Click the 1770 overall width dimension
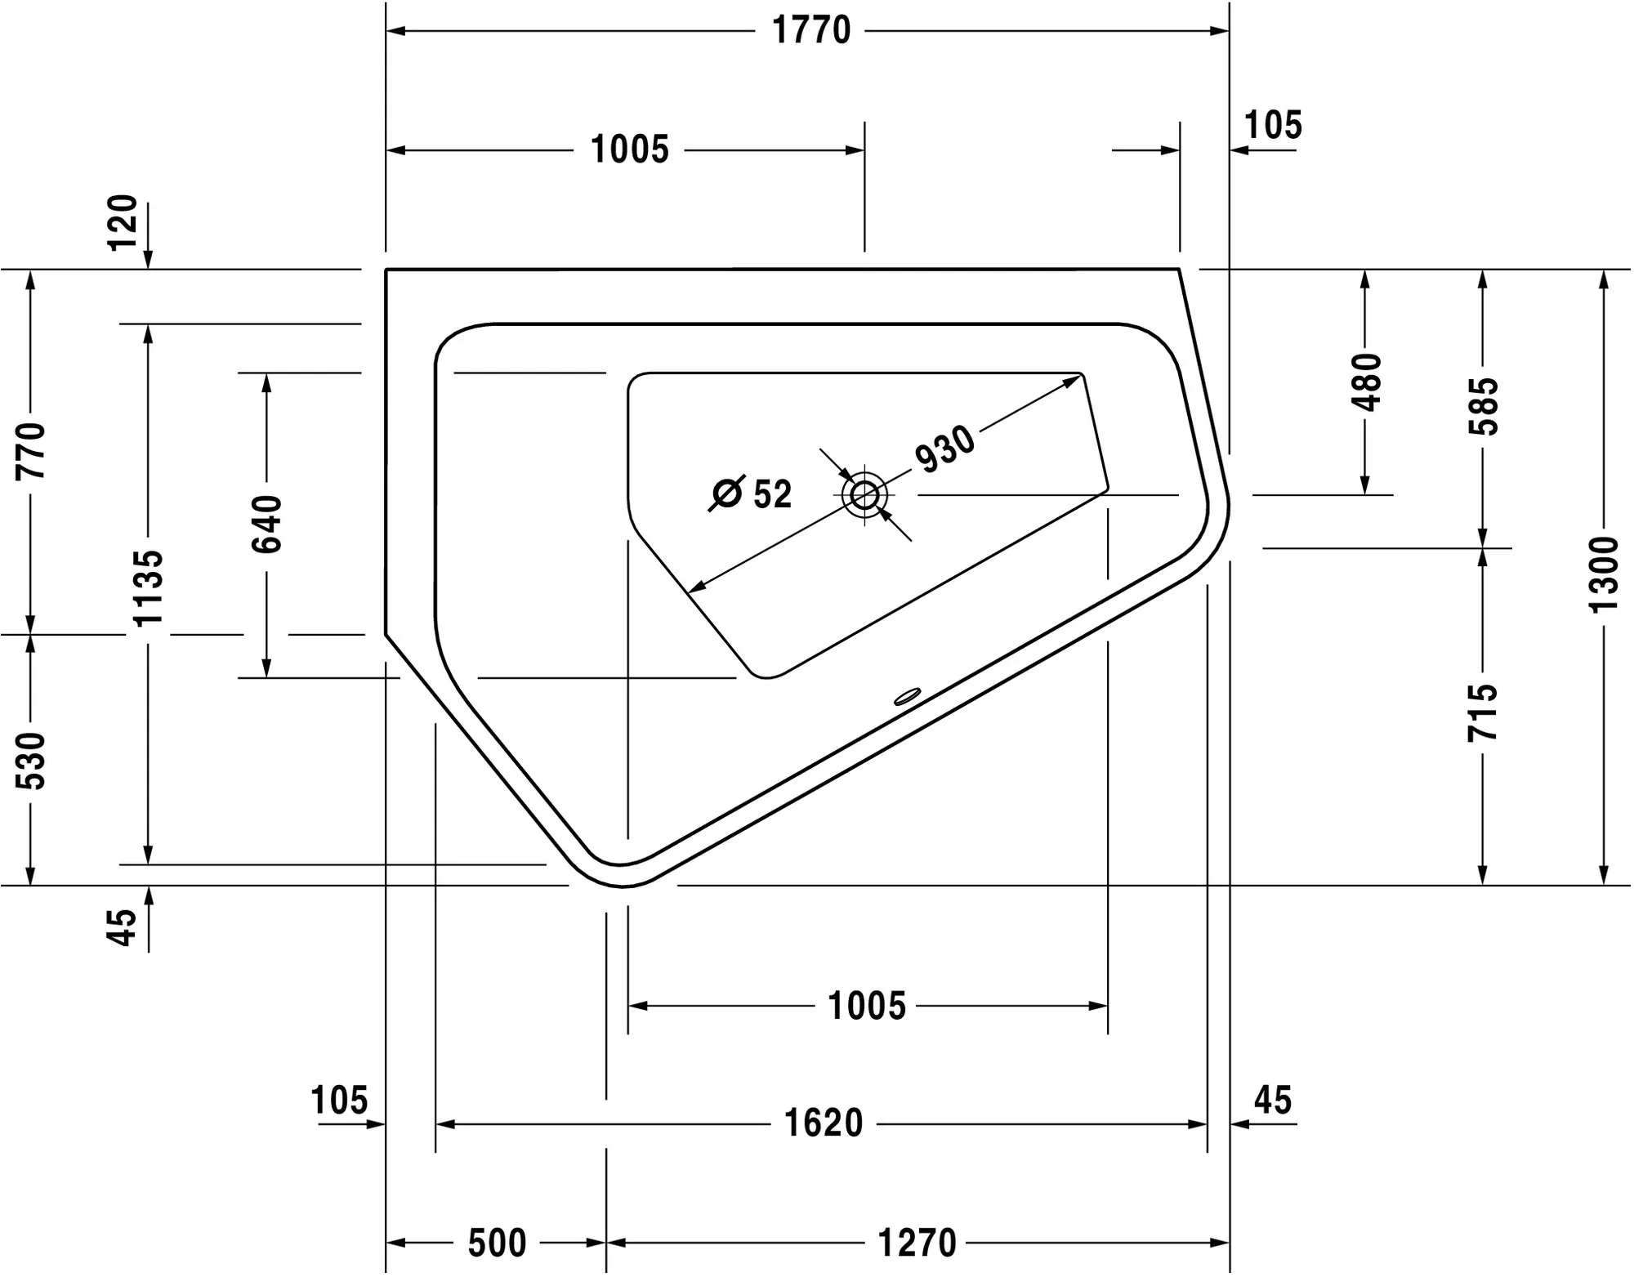tap(811, 31)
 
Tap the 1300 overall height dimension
tap(1604, 574)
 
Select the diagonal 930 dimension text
tap(944, 449)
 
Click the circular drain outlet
tap(864, 495)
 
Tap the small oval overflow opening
tap(907, 696)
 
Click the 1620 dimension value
tap(824, 1123)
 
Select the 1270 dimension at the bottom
tap(917, 1243)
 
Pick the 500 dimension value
tap(497, 1243)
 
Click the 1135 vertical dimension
tap(149, 588)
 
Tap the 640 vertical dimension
tap(267, 524)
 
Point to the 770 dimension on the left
tap(31, 450)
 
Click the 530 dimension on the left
tap(31, 761)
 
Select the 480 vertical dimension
tap(1366, 382)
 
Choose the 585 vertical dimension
tap(1484, 406)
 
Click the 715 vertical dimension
tap(1483, 712)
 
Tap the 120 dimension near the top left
tap(123, 222)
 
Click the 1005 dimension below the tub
tap(867, 1006)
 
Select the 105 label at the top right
tap(1273, 125)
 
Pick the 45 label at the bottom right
tap(1273, 1101)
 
